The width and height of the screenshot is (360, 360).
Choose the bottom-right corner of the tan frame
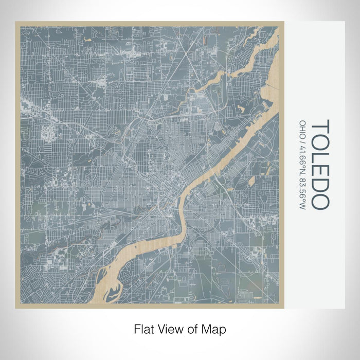[x=282, y=308]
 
